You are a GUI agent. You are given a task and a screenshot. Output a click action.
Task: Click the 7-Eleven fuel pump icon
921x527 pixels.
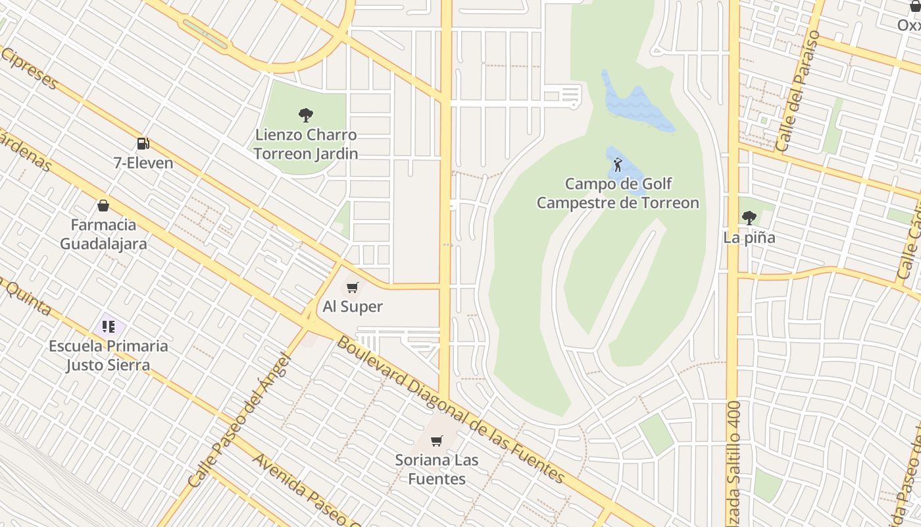pyautogui.click(x=143, y=144)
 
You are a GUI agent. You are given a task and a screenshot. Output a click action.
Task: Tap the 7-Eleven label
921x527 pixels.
pyautogui.click(x=143, y=163)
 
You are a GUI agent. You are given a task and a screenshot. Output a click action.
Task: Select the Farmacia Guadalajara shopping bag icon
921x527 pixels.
pyautogui.click(x=103, y=206)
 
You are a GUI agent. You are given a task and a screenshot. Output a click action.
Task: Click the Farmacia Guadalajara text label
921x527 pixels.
pyautogui.click(x=103, y=234)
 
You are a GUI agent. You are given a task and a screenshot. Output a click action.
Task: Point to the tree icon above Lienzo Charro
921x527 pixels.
pyautogui.click(x=306, y=115)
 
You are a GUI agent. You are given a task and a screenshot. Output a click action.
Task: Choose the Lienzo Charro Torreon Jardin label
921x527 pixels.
pyautogui.click(x=306, y=144)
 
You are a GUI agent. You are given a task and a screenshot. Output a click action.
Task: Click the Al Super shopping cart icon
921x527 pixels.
pyautogui.click(x=353, y=287)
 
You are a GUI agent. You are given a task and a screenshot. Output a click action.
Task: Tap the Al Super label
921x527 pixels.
pyautogui.click(x=353, y=306)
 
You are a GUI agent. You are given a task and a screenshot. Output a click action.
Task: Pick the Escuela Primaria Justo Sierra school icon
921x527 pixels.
pyautogui.click(x=109, y=327)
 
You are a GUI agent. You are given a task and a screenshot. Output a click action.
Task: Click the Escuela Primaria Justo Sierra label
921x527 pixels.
pyautogui.click(x=109, y=355)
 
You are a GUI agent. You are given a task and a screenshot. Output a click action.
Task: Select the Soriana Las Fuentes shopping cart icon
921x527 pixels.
pyautogui.click(x=437, y=441)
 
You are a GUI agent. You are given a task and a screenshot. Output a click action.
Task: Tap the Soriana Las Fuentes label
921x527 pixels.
pyautogui.click(x=437, y=469)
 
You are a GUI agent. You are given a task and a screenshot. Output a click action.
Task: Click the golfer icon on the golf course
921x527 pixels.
pyautogui.click(x=618, y=165)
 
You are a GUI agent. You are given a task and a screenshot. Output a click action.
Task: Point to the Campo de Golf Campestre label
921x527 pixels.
pyautogui.click(x=618, y=193)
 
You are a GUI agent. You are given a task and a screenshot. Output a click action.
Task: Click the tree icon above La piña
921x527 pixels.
pyautogui.click(x=749, y=218)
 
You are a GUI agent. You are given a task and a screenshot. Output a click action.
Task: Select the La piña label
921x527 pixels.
pyautogui.click(x=749, y=238)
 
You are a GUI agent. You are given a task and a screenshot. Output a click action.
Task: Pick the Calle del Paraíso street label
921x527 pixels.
pyautogui.click(x=798, y=91)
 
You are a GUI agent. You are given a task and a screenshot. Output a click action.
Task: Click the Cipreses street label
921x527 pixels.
pyautogui.click(x=30, y=69)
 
